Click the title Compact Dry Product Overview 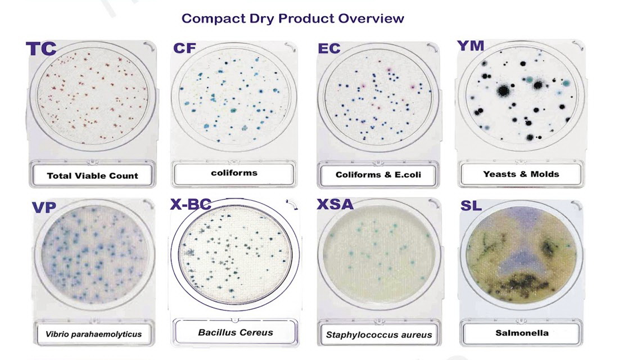coord(292,19)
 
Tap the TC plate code coord(41,49)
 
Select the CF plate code coord(184,48)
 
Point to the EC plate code coord(329,48)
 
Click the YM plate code coord(471,46)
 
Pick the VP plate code coord(44,207)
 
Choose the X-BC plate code coord(191,204)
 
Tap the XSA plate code coord(335,204)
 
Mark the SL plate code coord(471,205)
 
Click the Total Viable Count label coord(92,176)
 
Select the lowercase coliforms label coord(234,173)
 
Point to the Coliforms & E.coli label coord(378,175)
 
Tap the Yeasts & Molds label coord(521,174)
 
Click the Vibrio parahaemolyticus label coord(93,334)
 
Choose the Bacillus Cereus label coord(235,332)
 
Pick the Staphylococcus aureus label coord(379,335)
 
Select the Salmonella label coord(522,333)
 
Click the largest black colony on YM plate coord(503,91)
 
